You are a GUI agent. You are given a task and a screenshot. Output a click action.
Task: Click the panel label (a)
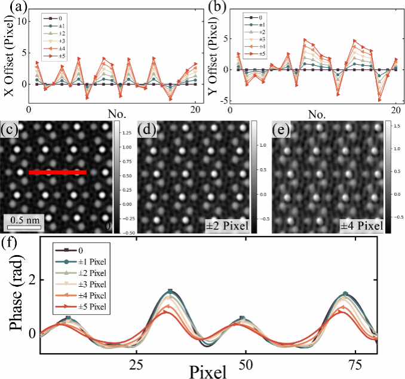[x=11, y=9]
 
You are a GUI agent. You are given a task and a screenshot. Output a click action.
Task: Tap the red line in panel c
[x=57, y=172]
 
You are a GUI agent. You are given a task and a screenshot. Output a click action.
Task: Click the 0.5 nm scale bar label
[x=24, y=217]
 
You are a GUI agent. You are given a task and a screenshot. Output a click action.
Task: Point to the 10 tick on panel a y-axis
[x=23, y=21]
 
